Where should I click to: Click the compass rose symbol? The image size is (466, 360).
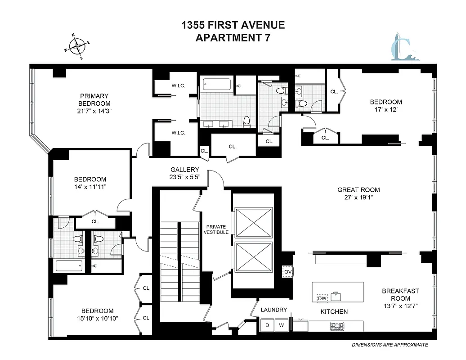click(77, 46)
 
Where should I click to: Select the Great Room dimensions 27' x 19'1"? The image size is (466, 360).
click(358, 197)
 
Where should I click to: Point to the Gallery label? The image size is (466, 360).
click(184, 170)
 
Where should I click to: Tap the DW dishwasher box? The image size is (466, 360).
click(322, 298)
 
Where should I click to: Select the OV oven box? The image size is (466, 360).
click(287, 272)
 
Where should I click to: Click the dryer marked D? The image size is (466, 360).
click(267, 325)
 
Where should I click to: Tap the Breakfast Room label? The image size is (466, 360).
click(400, 294)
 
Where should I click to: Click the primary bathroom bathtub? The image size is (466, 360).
click(217, 84)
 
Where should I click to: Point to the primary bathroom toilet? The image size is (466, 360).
click(246, 122)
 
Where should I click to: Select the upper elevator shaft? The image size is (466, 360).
click(254, 222)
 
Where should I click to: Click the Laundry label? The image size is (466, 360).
click(274, 310)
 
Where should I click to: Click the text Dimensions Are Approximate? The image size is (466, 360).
click(390, 345)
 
